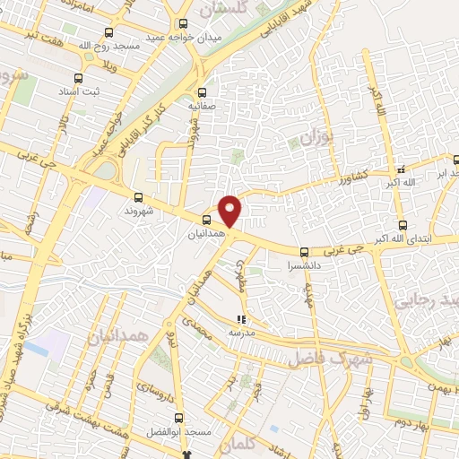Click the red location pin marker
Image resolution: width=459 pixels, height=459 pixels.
(231, 211)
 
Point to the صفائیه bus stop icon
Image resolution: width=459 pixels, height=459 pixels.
(201, 91)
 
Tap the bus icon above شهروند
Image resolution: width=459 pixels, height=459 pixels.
(137, 197)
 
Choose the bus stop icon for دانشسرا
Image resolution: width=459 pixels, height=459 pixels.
(305, 252)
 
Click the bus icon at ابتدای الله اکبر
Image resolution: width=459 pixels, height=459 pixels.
(402, 225)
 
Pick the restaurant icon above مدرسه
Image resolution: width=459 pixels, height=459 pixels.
(240, 318)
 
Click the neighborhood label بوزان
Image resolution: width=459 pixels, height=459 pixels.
(315, 140)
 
